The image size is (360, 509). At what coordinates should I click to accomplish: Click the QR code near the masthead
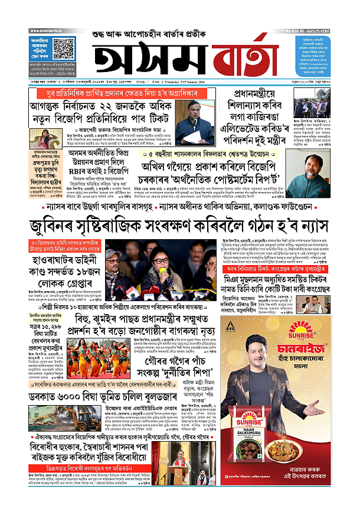tap(61, 48)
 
